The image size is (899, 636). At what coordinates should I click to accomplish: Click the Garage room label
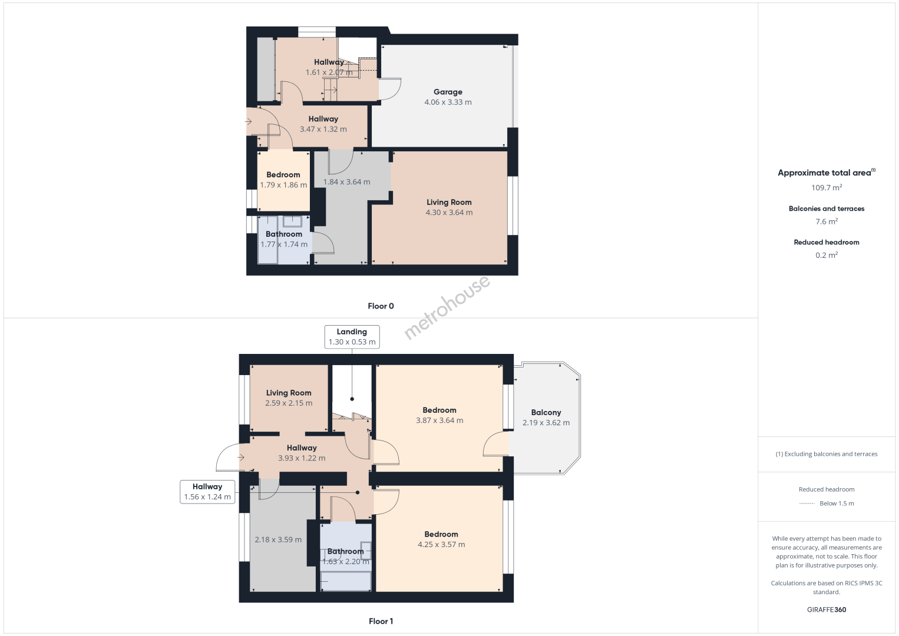click(x=448, y=92)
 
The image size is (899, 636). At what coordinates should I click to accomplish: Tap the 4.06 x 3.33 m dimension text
click(x=448, y=102)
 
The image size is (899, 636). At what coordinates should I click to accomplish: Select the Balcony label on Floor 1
click(x=546, y=412)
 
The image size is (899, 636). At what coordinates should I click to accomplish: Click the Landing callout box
click(x=352, y=337)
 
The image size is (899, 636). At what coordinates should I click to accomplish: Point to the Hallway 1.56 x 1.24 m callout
click(x=207, y=492)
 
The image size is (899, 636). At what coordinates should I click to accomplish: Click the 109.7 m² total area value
click(x=827, y=187)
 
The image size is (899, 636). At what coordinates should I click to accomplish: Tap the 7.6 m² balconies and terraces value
click(x=827, y=221)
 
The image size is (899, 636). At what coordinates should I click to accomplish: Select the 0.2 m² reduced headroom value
click(x=827, y=255)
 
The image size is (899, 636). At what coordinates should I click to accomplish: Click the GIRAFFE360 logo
click(x=827, y=609)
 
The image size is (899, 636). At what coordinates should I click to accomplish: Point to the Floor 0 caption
click(x=381, y=306)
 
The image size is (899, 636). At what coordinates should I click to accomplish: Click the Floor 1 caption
click(x=381, y=621)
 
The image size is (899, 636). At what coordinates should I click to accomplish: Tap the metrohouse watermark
click(x=447, y=307)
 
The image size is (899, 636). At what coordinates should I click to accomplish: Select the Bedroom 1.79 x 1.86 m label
click(x=283, y=180)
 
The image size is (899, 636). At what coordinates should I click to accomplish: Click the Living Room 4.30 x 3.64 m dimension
click(x=449, y=213)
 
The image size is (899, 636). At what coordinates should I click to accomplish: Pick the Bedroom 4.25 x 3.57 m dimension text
click(x=441, y=545)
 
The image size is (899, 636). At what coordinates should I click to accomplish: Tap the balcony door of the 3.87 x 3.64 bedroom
click(x=496, y=444)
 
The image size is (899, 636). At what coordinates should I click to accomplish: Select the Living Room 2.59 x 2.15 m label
click(x=289, y=398)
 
